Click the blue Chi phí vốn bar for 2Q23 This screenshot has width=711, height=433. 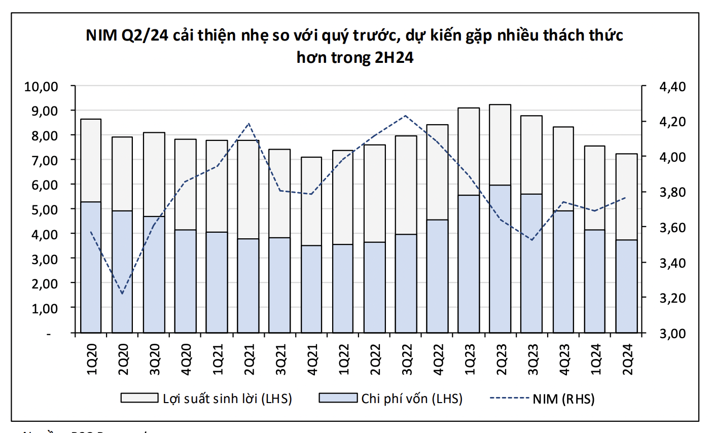tap(500, 259)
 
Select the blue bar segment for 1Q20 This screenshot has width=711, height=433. tap(91, 267)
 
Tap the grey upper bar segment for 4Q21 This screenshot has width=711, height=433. tap(311, 201)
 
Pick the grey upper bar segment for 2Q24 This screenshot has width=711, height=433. tap(626, 197)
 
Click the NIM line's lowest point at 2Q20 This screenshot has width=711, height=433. tap(122, 294)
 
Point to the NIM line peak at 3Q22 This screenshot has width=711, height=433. tap(406, 116)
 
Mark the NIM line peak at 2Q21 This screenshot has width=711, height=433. tap(248, 123)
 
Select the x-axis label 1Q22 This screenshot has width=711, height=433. tap(343, 359)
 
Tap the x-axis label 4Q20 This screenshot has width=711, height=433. tap(186, 359)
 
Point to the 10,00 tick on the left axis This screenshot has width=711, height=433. tap(42, 86)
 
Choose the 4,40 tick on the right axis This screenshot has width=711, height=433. tap(672, 87)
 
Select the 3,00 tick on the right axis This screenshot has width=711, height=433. tap(672, 333)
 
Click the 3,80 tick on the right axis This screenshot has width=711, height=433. tap(672, 192)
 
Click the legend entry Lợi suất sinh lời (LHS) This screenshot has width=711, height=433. tap(227, 399)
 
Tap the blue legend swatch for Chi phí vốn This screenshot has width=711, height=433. tap(338, 398)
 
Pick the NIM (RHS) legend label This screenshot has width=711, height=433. tap(563, 399)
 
